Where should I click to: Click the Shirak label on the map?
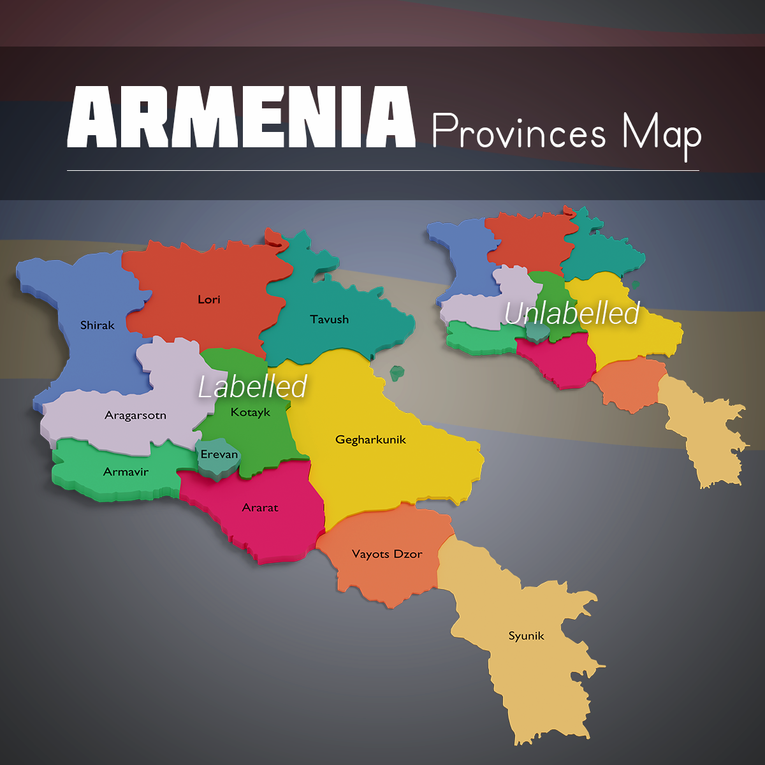tap(98, 325)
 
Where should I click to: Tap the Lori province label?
tap(209, 299)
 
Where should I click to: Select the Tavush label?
tap(329, 319)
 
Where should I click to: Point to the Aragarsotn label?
tap(135, 416)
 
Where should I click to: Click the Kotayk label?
tap(251, 412)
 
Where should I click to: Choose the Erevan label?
tap(219, 455)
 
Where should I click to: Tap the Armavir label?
tap(126, 472)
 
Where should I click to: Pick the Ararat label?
tap(260, 507)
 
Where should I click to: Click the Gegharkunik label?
tap(370, 439)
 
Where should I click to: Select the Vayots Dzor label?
tap(387, 554)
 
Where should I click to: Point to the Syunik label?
tap(527, 636)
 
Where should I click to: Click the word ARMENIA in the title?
tap(242, 118)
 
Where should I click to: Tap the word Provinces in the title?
tap(519, 132)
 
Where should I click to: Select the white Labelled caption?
tap(252, 386)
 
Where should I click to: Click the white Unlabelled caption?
tap(572, 313)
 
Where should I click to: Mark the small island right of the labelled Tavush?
tap(397, 372)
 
